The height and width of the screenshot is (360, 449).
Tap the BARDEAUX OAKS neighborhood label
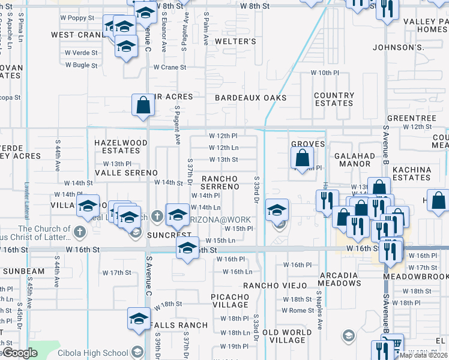click(250, 97)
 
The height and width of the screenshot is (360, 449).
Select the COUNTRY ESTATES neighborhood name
click(334, 99)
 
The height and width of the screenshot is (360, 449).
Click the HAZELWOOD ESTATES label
click(121, 146)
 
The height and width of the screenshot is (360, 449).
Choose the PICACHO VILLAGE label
click(230, 301)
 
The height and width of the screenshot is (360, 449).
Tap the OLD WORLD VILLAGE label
click(287, 337)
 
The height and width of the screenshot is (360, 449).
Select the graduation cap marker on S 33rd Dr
click(277, 210)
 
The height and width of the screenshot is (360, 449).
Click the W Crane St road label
click(169, 67)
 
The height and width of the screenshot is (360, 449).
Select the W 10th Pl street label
click(325, 73)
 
